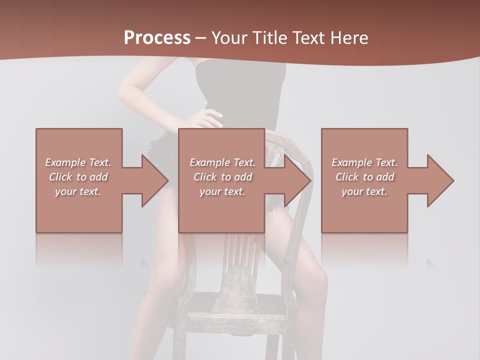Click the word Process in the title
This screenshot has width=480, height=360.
157,38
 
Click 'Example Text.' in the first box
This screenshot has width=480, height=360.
78,162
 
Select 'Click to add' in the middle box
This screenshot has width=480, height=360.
222,177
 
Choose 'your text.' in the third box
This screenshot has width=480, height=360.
364,191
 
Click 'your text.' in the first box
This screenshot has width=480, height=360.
78,191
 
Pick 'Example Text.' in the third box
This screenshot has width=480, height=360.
364,162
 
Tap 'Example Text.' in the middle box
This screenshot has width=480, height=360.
222,162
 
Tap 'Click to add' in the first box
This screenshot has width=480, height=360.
78,177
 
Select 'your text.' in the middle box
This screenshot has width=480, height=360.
222,191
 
